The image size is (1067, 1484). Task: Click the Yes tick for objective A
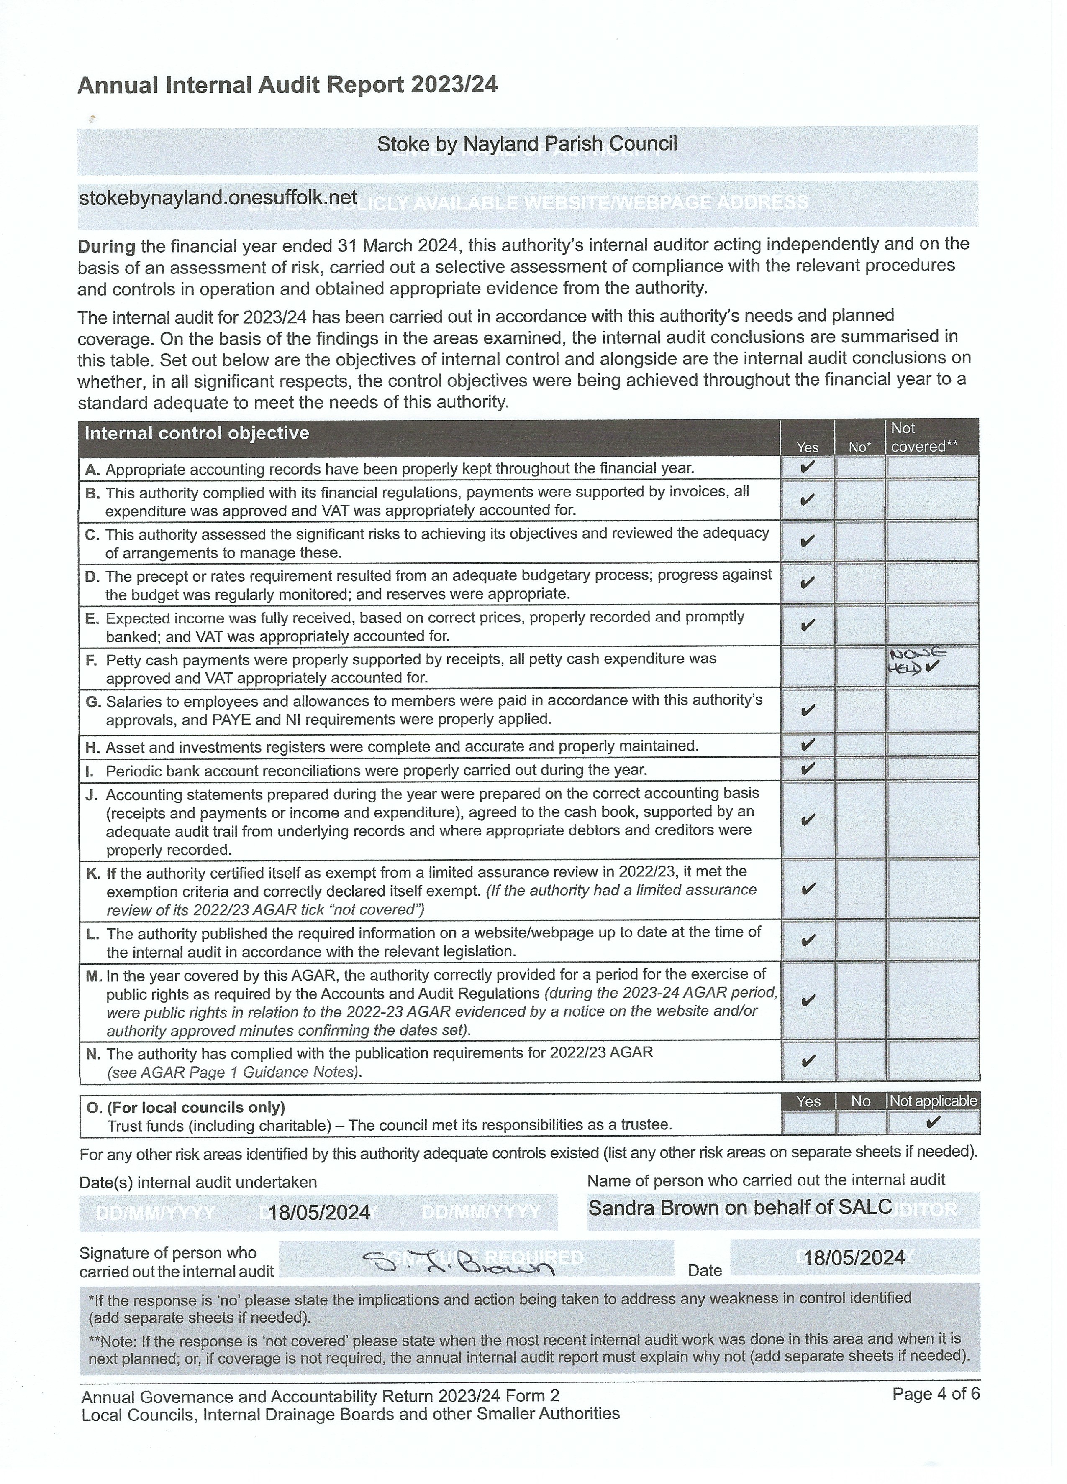click(x=807, y=467)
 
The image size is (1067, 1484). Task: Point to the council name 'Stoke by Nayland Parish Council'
click(x=527, y=144)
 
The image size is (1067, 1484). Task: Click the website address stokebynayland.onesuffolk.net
click(x=218, y=198)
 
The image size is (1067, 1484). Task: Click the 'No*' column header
click(x=859, y=447)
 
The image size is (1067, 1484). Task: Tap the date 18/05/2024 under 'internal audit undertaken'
click(x=319, y=1213)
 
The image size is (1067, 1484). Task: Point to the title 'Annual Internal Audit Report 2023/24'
click(x=287, y=85)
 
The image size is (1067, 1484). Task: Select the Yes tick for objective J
click(x=808, y=819)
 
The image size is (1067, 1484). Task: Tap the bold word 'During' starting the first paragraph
click(x=106, y=247)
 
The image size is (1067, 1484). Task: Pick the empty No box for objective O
click(x=861, y=1123)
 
